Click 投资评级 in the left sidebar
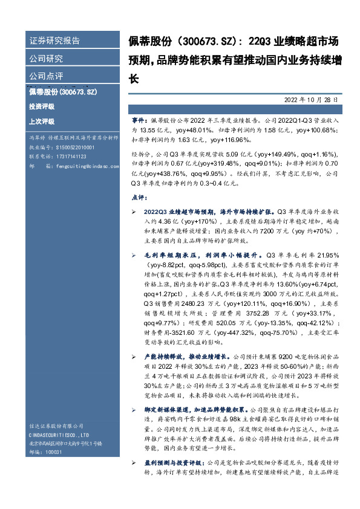[x=41, y=106]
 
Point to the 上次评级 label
[x=41, y=121]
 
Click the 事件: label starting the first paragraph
[x=139, y=121]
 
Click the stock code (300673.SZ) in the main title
[x=205, y=41]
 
